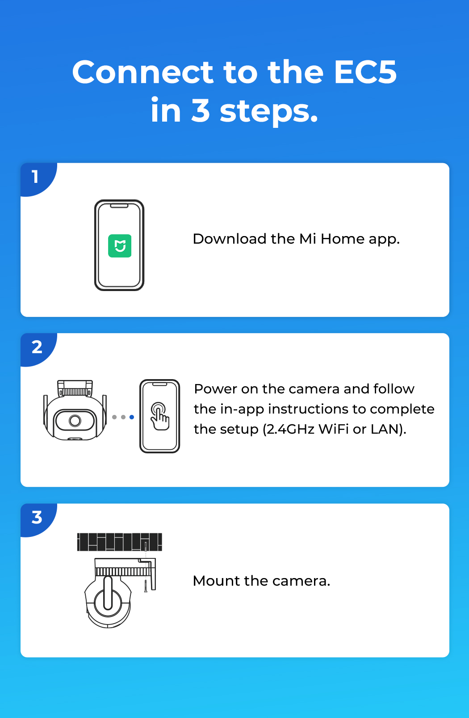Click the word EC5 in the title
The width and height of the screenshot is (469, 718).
(x=365, y=72)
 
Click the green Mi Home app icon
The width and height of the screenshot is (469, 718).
(x=120, y=246)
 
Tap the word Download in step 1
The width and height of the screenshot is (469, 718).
(x=230, y=239)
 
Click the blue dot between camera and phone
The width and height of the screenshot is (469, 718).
(x=132, y=417)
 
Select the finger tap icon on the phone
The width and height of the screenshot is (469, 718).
(x=160, y=416)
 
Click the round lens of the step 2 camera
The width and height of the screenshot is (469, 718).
(x=75, y=421)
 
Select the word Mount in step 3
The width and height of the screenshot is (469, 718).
(x=217, y=581)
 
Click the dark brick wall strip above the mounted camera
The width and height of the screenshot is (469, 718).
(x=120, y=542)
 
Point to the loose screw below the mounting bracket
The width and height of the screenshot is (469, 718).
(x=146, y=586)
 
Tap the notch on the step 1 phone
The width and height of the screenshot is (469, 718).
(x=119, y=206)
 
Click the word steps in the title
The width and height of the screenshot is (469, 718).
(x=269, y=111)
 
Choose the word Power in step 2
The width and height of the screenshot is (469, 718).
(x=215, y=389)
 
